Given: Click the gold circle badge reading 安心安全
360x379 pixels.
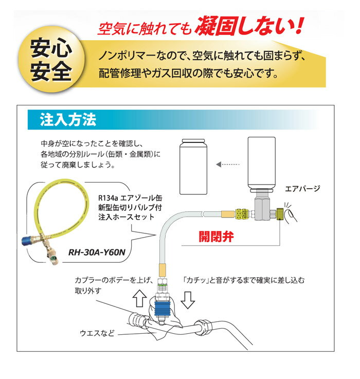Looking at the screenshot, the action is [x=51, y=60].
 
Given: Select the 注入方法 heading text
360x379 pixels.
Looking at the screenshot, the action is [x=68, y=120].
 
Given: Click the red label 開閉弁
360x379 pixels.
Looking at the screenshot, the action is [x=216, y=237].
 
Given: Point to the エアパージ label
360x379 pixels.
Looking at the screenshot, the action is [x=302, y=189].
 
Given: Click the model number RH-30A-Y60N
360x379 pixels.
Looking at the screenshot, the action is [x=97, y=252].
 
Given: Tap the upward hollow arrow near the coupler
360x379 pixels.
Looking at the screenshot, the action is [x=140, y=298].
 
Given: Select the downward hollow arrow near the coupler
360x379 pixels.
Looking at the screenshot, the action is [x=188, y=300].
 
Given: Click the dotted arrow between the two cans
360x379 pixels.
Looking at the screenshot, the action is [x=227, y=165].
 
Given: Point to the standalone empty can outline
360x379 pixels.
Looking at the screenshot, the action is [x=193, y=167].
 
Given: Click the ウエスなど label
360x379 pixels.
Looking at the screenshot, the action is [x=97, y=333].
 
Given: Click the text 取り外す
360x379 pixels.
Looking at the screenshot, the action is [x=88, y=291].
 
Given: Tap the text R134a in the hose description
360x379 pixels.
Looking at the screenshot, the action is [x=108, y=198].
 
